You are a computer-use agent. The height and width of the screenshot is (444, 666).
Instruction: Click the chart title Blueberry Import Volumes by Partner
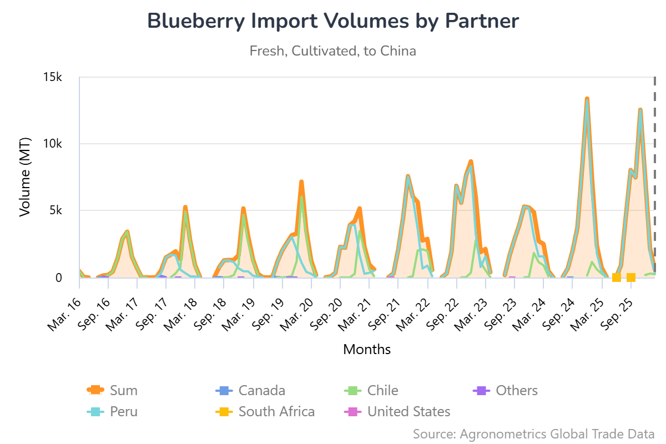[x=333, y=21]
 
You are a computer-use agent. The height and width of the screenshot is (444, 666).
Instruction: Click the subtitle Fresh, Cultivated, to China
[x=333, y=51]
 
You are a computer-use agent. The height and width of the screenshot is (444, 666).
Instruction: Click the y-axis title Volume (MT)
[x=25, y=178]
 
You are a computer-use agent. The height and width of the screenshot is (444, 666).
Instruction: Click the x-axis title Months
[x=367, y=349]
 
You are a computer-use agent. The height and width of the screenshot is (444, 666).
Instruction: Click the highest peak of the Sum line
[x=587, y=99]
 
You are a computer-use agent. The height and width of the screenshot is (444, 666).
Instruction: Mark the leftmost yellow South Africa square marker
[x=616, y=277]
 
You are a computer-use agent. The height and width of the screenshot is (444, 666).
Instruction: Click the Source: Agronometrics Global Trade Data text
[x=534, y=433]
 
